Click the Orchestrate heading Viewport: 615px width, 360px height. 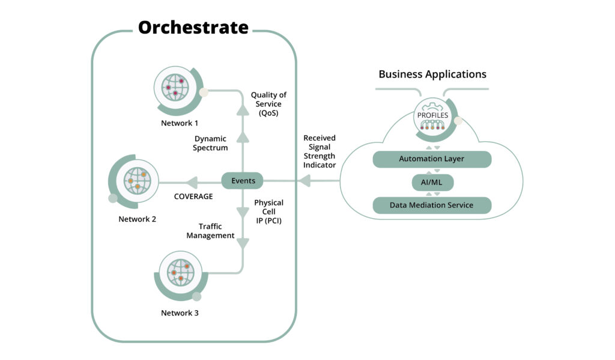(x=193, y=28)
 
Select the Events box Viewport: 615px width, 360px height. (x=243, y=180)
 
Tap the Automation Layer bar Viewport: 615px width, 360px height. (x=432, y=159)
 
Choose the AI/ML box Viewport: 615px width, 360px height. (x=432, y=182)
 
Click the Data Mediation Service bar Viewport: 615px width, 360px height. (x=432, y=205)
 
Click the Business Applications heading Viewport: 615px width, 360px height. (x=432, y=75)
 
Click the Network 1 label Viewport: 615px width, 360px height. (x=179, y=123)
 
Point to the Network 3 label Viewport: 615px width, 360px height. (x=180, y=313)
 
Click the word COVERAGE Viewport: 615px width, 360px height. (x=193, y=197)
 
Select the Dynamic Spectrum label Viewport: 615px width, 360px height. (x=211, y=143)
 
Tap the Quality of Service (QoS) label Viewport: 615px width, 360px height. (x=268, y=104)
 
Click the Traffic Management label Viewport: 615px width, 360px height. (x=210, y=231)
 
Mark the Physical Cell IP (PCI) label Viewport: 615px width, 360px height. (x=268, y=212)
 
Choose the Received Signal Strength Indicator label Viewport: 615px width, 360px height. (x=319, y=151)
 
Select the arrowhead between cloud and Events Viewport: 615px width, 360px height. (x=304, y=180)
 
